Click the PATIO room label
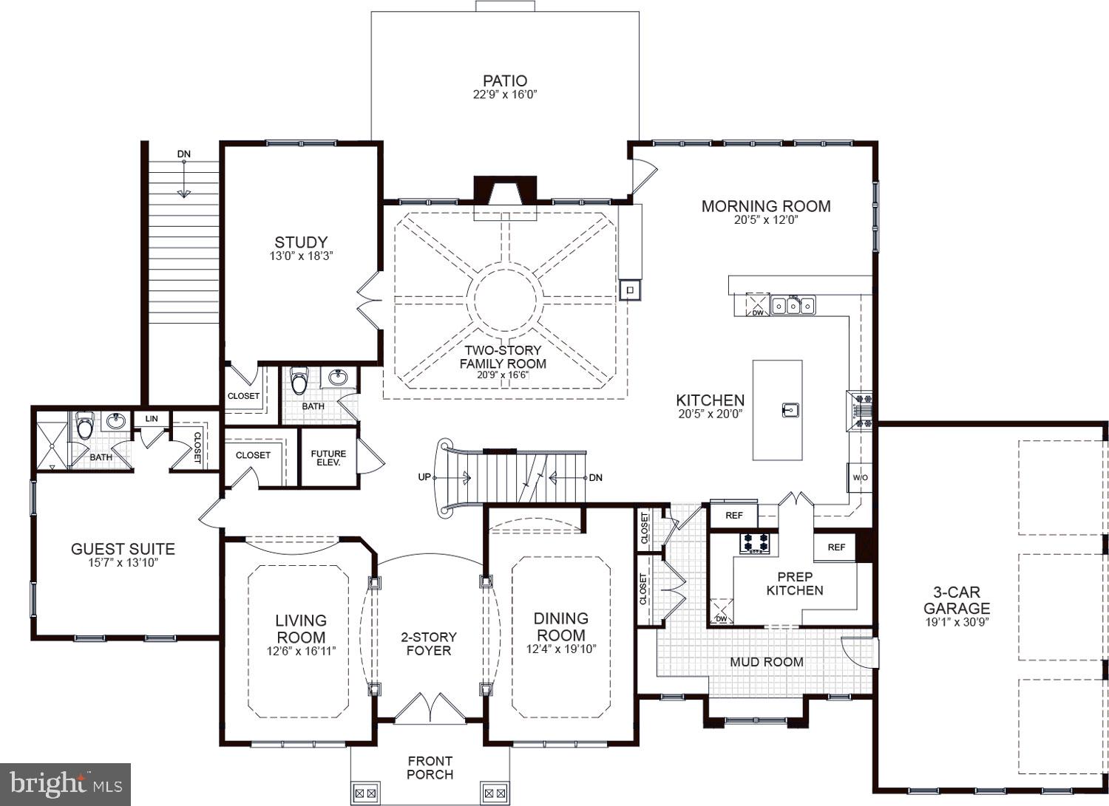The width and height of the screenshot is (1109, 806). coord(505,81)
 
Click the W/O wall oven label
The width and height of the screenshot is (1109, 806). coord(860,478)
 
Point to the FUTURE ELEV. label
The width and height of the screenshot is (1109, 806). coord(328,459)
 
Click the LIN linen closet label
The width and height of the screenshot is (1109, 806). coord(152,419)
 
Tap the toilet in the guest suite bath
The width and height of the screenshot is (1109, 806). coord(84,426)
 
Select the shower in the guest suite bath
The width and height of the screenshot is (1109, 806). coord(51,441)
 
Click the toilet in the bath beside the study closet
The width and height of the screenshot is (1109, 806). coord(299,381)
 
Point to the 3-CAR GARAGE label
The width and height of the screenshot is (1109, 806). coord(956,601)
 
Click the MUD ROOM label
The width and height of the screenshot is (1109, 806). coord(766,662)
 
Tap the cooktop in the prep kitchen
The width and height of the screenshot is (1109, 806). coord(756,543)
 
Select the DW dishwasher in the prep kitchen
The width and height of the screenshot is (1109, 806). coord(721,612)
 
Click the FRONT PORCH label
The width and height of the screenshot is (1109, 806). coord(430,768)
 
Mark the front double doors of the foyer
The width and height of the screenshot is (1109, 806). coord(430,709)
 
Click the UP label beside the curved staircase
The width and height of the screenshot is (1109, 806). coord(424,477)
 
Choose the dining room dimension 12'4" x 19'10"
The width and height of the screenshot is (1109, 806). coord(561,649)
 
